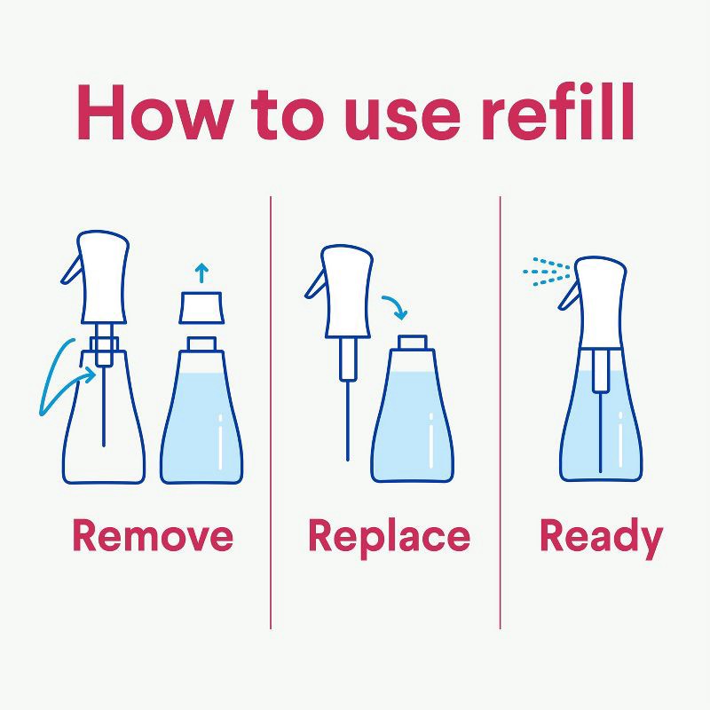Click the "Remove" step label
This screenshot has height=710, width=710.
pos(153,536)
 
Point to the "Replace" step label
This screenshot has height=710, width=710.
pos(389,536)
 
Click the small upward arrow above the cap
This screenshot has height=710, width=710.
pos(201,272)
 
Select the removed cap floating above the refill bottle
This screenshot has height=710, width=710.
pos(201,307)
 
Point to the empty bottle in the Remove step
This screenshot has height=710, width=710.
pos(105,417)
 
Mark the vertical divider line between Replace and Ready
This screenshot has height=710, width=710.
pos(500,408)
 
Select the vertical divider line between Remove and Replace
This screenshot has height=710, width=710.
pos(271,408)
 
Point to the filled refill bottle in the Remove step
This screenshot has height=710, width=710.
pos(201,417)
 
